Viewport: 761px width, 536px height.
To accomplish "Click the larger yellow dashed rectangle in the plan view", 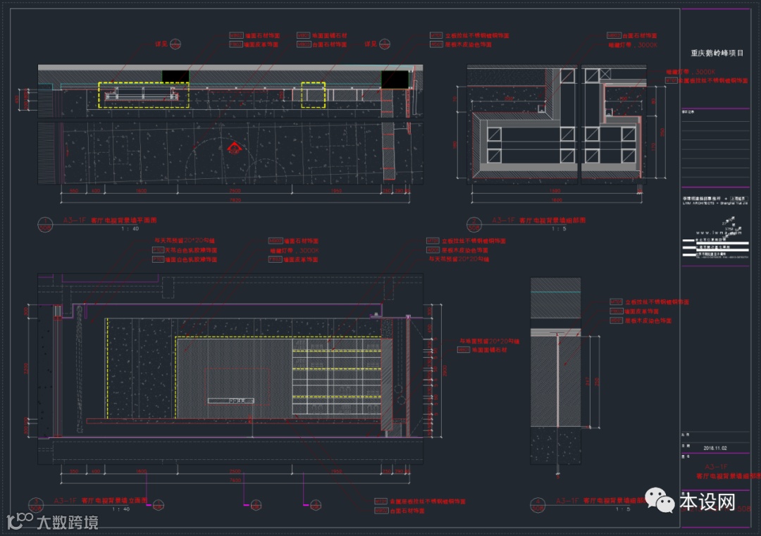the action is (143, 94).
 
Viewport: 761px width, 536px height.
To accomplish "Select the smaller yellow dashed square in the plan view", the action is (314, 94).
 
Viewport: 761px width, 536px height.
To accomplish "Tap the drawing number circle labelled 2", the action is (474, 224).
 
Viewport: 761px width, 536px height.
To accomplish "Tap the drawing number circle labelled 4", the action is (538, 504).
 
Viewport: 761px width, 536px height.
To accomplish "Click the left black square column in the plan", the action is (175, 76).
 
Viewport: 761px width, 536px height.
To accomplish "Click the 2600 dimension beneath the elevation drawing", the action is (235, 471).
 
